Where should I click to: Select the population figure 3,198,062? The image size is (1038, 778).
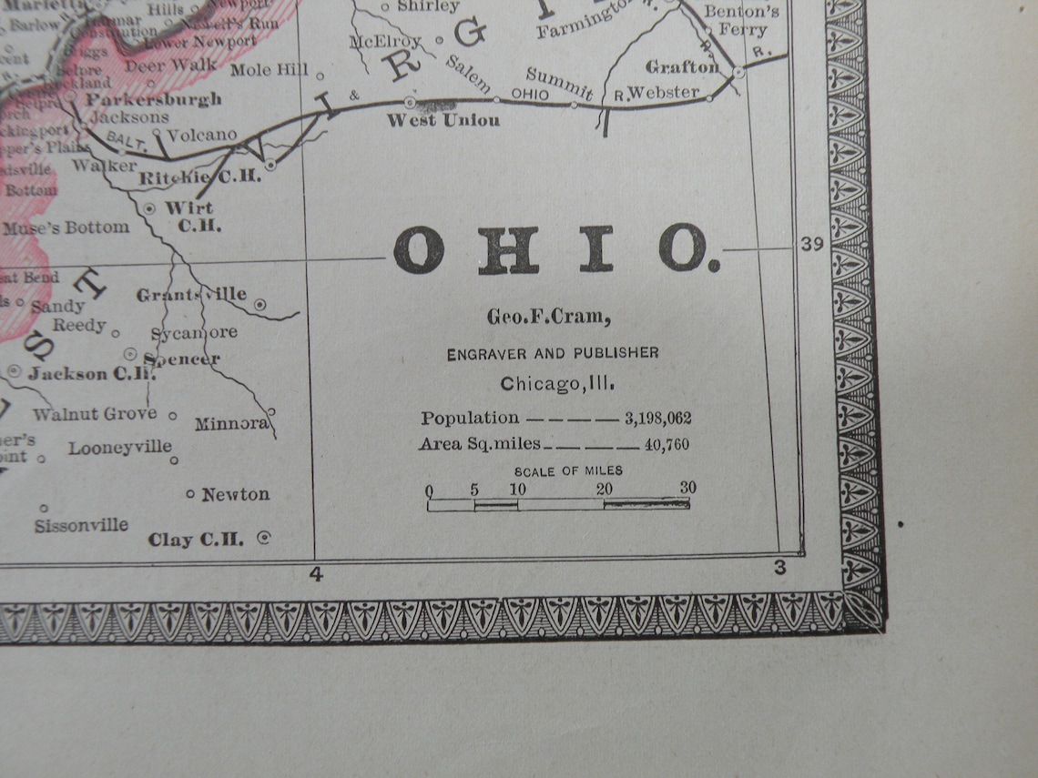pos(657,419)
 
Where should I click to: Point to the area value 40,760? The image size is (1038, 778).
pos(667,445)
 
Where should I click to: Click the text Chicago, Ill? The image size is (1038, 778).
pos(557,383)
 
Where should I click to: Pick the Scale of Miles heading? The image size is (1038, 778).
pos(568,470)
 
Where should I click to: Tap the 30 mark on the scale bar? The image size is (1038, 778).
pos(687,488)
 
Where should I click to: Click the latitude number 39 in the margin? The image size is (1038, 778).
pos(811,244)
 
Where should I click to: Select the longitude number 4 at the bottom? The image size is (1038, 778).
pos(316,574)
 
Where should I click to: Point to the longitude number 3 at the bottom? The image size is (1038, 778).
pos(779,569)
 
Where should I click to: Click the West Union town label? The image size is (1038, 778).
pos(443,120)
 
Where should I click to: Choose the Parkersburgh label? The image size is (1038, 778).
pos(155,99)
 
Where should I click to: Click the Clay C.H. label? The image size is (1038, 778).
pos(196,540)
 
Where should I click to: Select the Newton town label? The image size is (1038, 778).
pos(235,494)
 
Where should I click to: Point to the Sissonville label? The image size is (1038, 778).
pos(81,525)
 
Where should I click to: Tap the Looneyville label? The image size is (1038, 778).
pos(119,447)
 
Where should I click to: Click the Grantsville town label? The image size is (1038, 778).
pos(191,295)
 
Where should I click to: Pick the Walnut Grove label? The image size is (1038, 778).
pos(95,414)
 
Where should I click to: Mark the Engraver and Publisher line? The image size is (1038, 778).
pos(552,353)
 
